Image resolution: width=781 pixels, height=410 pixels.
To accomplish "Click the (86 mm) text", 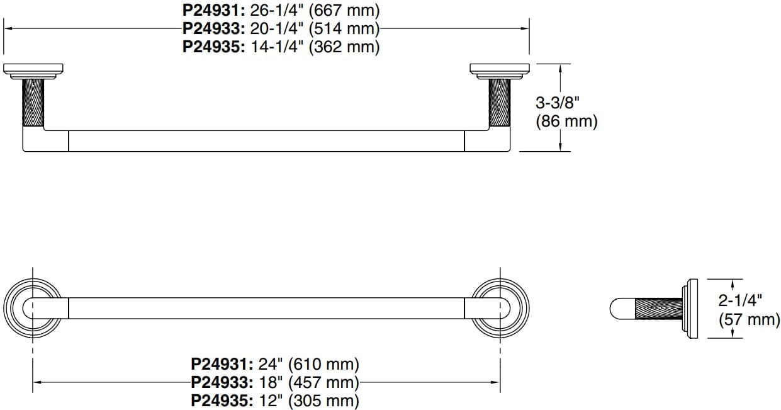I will tap(566, 121).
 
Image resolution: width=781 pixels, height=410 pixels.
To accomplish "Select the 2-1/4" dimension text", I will tap(741, 301).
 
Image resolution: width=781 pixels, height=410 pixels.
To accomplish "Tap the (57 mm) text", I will tap(749, 319).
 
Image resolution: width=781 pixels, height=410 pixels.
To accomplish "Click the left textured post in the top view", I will tap(33, 103).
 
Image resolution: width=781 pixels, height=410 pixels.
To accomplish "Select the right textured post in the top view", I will tap(500, 103).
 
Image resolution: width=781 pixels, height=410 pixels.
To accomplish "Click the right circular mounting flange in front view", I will tap(500, 308).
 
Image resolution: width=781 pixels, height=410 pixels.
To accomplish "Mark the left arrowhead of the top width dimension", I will tap(9, 28).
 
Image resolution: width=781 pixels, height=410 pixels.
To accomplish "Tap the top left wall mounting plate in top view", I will tap(35, 69).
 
